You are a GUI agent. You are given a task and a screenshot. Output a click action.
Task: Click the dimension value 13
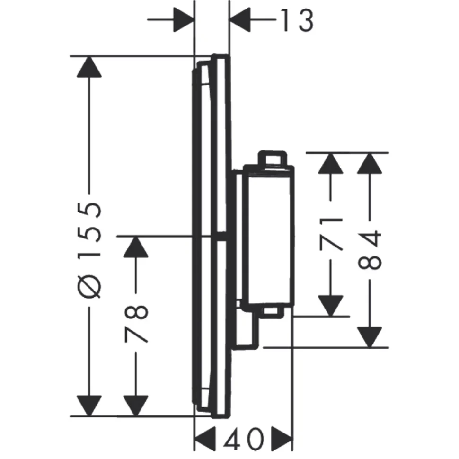298,20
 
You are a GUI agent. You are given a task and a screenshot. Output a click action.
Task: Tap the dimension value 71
331,234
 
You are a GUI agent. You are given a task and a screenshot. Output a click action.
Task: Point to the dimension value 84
370,250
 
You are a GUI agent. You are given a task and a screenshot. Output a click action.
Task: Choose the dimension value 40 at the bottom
244,439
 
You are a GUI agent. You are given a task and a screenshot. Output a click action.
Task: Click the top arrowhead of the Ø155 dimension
89,67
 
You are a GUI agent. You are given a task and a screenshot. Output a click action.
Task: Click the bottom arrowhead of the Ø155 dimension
89,406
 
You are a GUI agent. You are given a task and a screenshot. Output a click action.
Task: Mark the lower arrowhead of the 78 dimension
135,406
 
